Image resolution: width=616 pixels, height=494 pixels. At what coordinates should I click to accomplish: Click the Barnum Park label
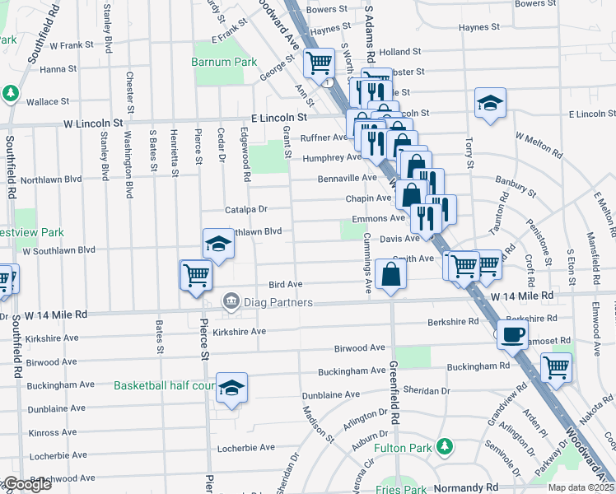(224, 62)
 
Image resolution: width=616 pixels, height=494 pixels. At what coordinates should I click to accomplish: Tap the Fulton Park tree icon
(446, 446)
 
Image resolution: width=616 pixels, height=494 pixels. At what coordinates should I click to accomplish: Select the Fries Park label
(404, 489)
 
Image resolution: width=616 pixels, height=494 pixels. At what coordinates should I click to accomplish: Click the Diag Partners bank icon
(231, 302)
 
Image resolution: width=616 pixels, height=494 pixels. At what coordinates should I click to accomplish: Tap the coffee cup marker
(512, 334)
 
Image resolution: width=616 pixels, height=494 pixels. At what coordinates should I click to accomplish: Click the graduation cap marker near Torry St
(490, 103)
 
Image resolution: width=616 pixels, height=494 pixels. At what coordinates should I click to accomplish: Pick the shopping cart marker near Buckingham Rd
(557, 366)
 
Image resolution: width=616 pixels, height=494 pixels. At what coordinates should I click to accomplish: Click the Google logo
(26, 484)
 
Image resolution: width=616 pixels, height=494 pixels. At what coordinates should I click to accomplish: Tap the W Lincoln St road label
(93, 124)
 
